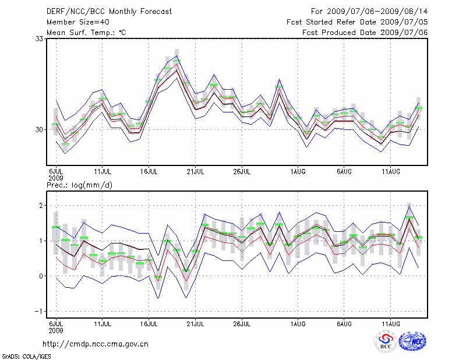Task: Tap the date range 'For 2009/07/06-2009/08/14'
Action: click(x=369, y=11)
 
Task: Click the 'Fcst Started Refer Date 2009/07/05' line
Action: click(x=357, y=22)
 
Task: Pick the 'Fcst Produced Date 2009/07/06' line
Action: click(x=365, y=32)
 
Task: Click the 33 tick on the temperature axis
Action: click(x=40, y=38)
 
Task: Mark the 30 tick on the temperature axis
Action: click(x=40, y=129)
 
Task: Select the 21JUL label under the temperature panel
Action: click(x=195, y=172)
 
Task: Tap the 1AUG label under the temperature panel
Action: click(x=298, y=172)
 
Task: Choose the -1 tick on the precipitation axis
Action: click(x=41, y=311)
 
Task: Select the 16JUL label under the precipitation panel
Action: click(x=149, y=323)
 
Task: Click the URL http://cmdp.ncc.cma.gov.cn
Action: click(x=96, y=344)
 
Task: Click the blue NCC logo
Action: click(x=412, y=341)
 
